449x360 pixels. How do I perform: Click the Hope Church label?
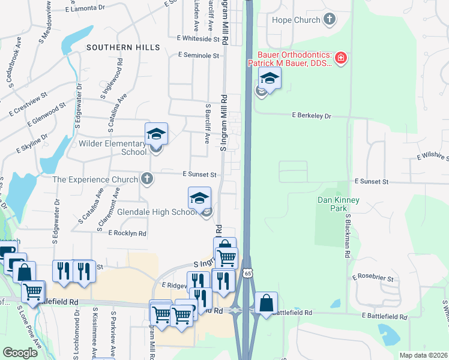click(x=296, y=20)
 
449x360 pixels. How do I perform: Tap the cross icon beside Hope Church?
click(x=329, y=20)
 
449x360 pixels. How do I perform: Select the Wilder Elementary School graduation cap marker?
click(x=156, y=134)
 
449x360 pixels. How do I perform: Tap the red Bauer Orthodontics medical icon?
click(x=341, y=58)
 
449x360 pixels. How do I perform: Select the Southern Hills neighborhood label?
click(x=123, y=47)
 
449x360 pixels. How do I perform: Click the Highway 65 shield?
click(x=248, y=272)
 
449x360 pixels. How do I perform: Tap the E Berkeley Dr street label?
click(x=312, y=115)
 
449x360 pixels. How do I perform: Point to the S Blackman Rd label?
click(x=348, y=235)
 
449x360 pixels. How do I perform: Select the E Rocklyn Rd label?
click(x=128, y=233)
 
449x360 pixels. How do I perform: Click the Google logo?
click(x=20, y=353)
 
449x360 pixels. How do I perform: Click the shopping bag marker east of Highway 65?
click(x=266, y=303)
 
